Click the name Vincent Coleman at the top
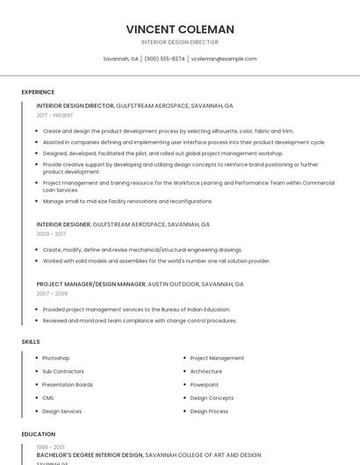pyautogui.click(x=180, y=29)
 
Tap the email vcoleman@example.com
pyautogui.click(x=223, y=59)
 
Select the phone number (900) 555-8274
pyautogui.click(x=164, y=59)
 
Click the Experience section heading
pyautogui.click(x=38, y=92)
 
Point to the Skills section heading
pyautogui.click(x=31, y=341)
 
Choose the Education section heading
pyautogui.click(x=38, y=434)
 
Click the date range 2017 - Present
pyautogui.click(x=55, y=115)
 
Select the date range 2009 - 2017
pyautogui.click(x=51, y=234)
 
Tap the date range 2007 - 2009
pyautogui.click(x=51, y=294)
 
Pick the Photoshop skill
pyautogui.click(x=55, y=358)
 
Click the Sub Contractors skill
pyautogui.click(x=62, y=371)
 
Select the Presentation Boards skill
pyautogui.click(x=68, y=384)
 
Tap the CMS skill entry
pyautogui.click(x=48, y=397)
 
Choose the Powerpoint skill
pyautogui.click(x=205, y=384)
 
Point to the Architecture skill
pyautogui.click(x=206, y=371)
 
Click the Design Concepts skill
pyautogui.click(x=212, y=397)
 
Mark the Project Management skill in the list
pyautogui.click(x=217, y=358)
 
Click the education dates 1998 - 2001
pyautogui.click(x=50, y=447)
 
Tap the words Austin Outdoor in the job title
pyautogui.click(x=172, y=284)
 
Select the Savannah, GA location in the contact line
pyautogui.click(x=120, y=59)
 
